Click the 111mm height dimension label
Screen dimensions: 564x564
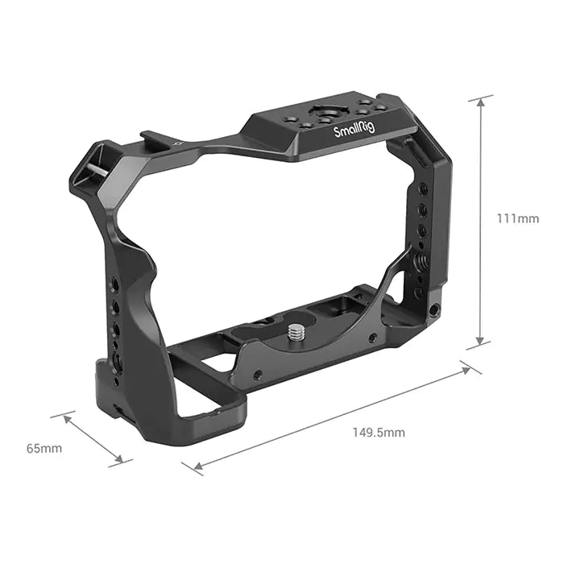pos(517,219)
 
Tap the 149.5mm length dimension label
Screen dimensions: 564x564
pos(379,433)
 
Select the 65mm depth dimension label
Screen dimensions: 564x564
pos(44,448)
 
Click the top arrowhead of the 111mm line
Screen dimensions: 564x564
pos(481,100)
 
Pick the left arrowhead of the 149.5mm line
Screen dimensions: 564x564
pos(195,467)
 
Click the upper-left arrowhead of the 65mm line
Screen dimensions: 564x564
pos(65,417)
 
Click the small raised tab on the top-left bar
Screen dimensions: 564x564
pos(152,137)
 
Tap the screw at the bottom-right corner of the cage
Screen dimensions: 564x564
pos(435,309)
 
